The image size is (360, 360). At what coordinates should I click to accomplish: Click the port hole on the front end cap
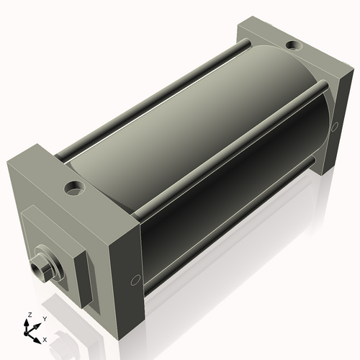click(x=73, y=189)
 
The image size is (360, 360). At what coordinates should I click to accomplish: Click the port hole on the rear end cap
click(x=294, y=46)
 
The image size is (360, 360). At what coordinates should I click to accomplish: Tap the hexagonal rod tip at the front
click(x=40, y=268)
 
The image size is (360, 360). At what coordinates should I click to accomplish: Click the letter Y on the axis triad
click(x=45, y=318)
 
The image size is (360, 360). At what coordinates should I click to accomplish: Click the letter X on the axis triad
click(x=45, y=338)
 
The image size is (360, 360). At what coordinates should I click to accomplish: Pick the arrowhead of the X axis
click(x=39, y=336)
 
